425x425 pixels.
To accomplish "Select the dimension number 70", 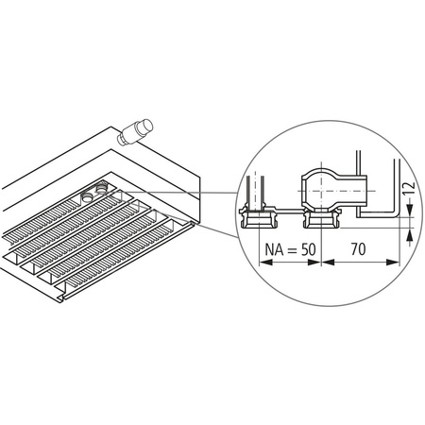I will (x=358, y=253).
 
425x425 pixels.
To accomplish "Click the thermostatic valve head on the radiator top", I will (x=143, y=129).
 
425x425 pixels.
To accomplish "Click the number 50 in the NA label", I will (x=305, y=253).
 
